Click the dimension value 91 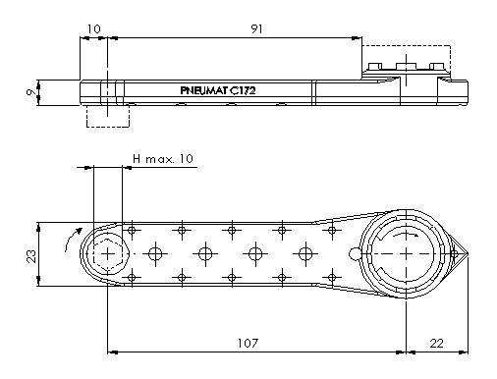pyautogui.click(x=256, y=29)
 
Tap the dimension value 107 pyautogui.click(x=248, y=344)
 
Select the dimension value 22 pyautogui.click(x=436, y=344)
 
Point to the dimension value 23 pyautogui.click(x=31, y=256)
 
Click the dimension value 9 pyautogui.click(x=31, y=92)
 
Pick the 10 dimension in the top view pyautogui.click(x=94, y=29)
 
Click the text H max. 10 pyautogui.click(x=163, y=159)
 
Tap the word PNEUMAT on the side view pyautogui.click(x=203, y=90)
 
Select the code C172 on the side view pyautogui.click(x=243, y=90)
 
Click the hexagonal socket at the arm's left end pyautogui.click(x=107, y=253)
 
